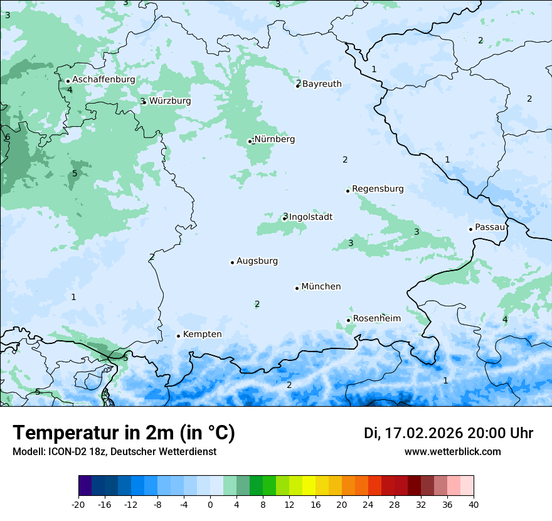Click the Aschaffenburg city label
click(103, 80)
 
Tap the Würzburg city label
click(170, 100)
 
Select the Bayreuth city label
click(322, 83)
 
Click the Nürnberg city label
click(274, 139)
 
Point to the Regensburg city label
click(378, 188)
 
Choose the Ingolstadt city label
click(310, 217)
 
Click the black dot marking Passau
click(470, 229)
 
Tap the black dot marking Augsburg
click(232, 262)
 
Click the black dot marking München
click(297, 288)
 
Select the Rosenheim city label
click(376, 318)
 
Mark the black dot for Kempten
click(178, 336)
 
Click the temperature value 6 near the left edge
click(8, 137)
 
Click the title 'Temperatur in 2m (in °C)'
click(124, 432)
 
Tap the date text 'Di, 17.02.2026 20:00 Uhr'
click(449, 433)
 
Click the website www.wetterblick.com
click(452, 451)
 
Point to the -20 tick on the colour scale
click(78, 503)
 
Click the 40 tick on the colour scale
click(474, 503)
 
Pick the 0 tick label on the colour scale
click(210, 503)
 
